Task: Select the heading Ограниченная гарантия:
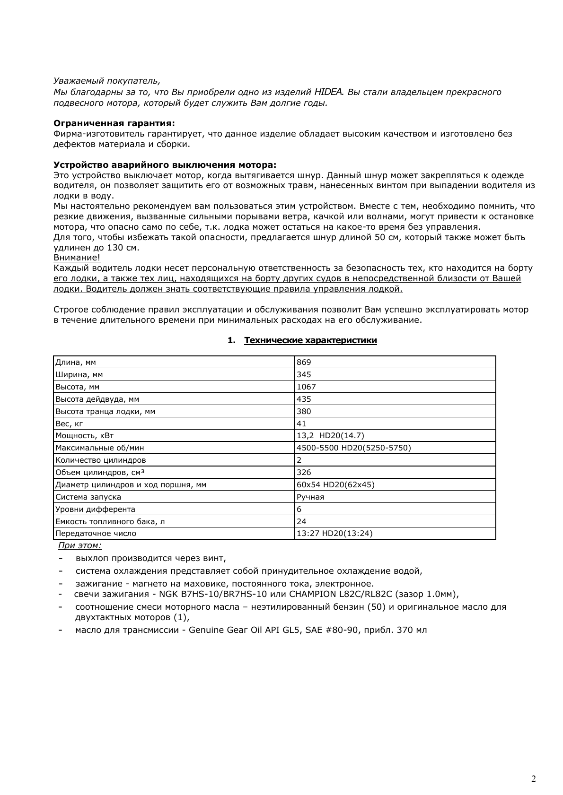[114, 123]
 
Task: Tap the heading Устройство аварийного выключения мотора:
[165, 165]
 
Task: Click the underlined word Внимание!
[77, 258]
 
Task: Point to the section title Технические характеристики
[310, 340]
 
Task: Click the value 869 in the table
[304, 363]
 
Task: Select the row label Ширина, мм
[79, 375]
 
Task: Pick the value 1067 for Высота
[306, 387]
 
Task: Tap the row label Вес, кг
[69, 423]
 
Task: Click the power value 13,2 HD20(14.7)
[330, 435]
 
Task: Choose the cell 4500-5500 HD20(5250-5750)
[353, 448]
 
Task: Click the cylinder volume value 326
[304, 472]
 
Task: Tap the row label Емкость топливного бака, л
[110, 521]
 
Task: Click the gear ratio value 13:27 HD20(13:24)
[334, 533]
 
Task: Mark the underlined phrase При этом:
[79, 545]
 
